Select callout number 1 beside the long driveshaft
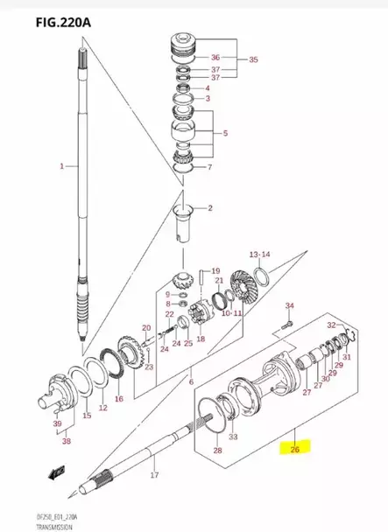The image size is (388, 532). coord(61,166)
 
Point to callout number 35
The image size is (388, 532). coord(253,61)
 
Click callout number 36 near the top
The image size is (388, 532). coord(215,59)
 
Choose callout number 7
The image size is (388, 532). coord(208,167)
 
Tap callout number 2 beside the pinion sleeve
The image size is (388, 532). coord(209,208)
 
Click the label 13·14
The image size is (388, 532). coord(261,255)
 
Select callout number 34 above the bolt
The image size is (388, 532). coord(292,305)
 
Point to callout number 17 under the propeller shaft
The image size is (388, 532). coord(154,476)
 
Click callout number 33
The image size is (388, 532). coord(232,437)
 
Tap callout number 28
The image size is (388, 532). coord(218,451)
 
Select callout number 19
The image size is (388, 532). coord(215,271)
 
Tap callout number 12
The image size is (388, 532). coord(102,409)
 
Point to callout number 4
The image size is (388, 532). coord(207,88)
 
